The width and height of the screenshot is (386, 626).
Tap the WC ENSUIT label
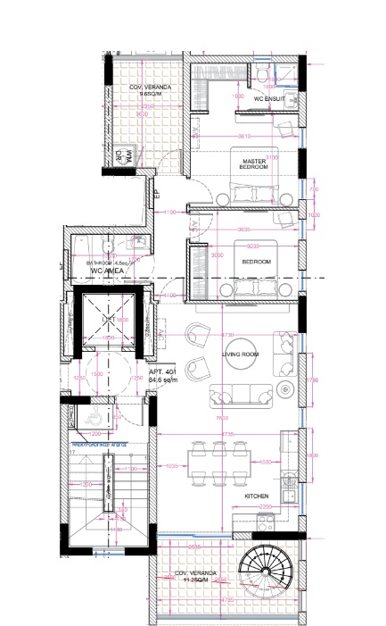click(x=270, y=97)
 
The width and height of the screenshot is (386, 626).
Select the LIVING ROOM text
click(x=240, y=355)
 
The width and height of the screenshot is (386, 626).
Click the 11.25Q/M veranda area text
click(x=193, y=580)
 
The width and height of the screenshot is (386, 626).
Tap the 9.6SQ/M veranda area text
click(x=150, y=91)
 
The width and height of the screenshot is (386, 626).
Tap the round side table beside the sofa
click(x=285, y=389)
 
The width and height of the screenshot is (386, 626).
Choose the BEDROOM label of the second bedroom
click(x=256, y=262)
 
